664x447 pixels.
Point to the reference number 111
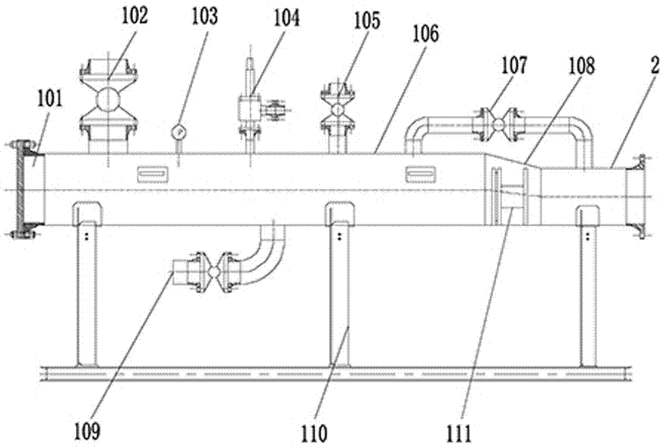459,433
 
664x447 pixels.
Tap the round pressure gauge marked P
179,131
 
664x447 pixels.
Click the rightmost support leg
590,288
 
